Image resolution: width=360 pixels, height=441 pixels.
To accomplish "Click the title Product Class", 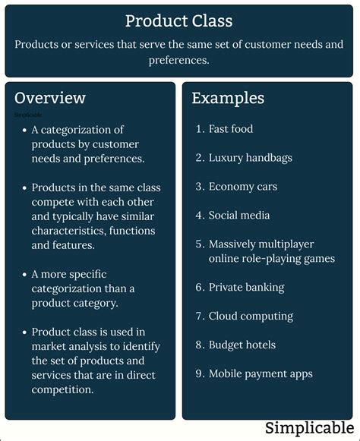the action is point(179,20).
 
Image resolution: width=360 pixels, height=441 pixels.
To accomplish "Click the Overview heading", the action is point(50,98).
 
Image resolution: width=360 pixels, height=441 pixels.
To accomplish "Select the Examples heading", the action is point(228,98).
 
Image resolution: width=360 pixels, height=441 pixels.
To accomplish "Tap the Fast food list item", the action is point(231,129).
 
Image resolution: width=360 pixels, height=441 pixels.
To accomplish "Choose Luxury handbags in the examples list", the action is point(251,158).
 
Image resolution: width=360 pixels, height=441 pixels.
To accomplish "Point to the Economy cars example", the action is point(243,187).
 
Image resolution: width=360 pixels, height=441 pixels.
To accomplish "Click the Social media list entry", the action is point(239,216).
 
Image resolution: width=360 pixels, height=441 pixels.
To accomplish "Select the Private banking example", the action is point(247,288).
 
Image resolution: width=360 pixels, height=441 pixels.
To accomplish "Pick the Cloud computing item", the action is point(251,317).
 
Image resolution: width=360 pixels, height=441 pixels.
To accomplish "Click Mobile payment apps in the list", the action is point(261,374).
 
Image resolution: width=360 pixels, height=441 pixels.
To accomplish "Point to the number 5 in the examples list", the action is point(199,244).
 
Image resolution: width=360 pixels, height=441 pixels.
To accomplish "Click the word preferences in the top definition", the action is point(179,60).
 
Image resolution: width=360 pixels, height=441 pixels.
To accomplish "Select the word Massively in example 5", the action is point(236,244).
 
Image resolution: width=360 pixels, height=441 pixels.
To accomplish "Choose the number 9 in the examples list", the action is point(199,374).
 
